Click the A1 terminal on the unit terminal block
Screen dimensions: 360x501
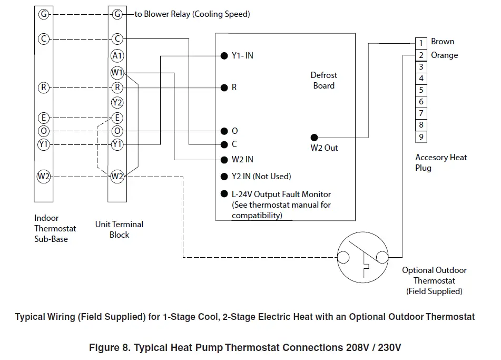(x=117, y=55)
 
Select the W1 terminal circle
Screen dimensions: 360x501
(x=117, y=72)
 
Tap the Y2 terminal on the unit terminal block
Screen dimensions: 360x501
(x=117, y=102)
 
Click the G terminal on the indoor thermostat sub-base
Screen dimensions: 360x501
(x=43, y=14)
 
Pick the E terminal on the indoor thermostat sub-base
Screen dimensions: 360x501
(x=43, y=118)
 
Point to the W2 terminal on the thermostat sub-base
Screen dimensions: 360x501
(x=43, y=177)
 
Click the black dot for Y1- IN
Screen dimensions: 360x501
(x=224, y=56)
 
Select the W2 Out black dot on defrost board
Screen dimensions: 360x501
(x=315, y=137)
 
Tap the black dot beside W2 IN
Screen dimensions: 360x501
(x=224, y=159)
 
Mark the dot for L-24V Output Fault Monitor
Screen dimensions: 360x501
(x=224, y=194)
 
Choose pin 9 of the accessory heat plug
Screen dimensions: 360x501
(x=421, y=137)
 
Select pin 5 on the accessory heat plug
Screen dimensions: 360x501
(x=421, y=90)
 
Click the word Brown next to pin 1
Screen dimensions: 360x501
(x=443, y=42)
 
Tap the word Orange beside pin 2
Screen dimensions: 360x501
(x=445, y=55)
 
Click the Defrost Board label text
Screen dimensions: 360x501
(x=323, y=81)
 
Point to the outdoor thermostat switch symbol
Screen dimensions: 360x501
(x=362, y=258)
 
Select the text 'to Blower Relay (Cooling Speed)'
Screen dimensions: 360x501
(x=192, y=14)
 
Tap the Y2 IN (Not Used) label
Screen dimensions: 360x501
(x=261, y=177)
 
